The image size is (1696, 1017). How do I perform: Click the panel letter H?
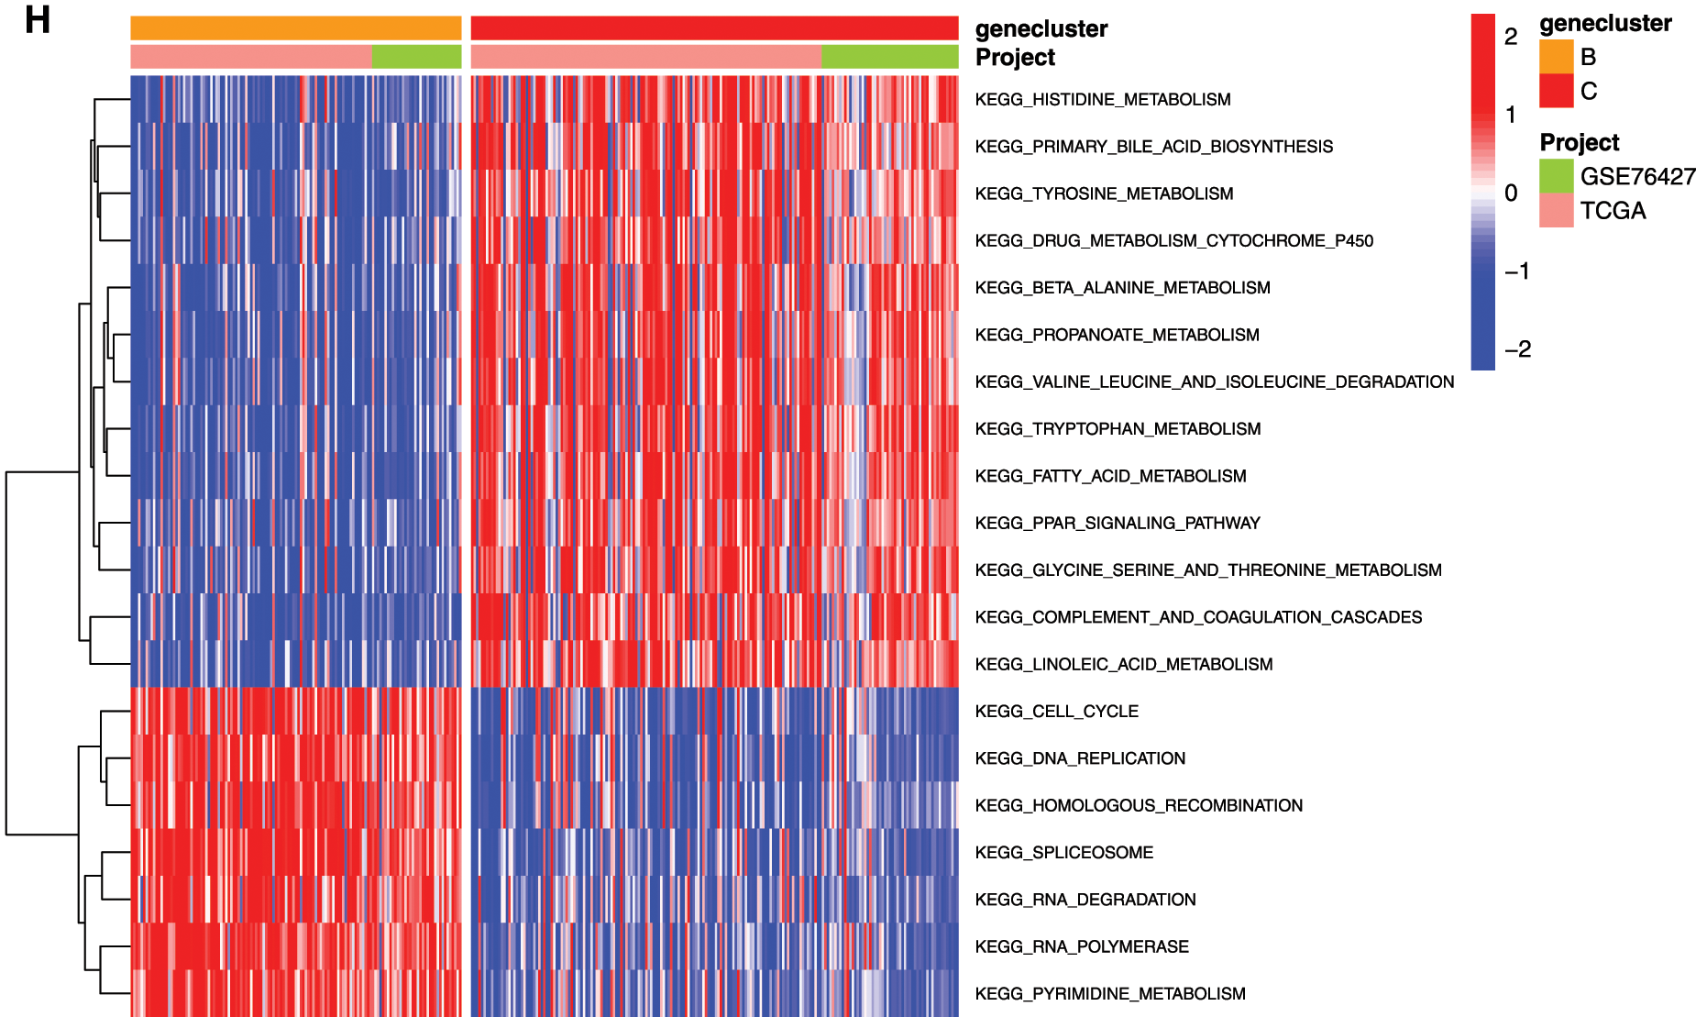[37, 20]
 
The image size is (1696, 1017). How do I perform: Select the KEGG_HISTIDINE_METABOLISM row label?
[1102, 99]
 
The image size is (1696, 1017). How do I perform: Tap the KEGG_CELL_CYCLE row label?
[1056, 711]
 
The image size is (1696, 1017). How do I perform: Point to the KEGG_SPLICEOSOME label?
[1063, 852]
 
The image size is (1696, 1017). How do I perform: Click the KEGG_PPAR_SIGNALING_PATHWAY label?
[1117, 523]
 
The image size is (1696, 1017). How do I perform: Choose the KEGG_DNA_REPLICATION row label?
[1080, 758]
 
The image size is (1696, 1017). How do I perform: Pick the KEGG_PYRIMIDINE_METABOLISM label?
[1109, 993]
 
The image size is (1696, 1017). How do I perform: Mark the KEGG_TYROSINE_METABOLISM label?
[1104, 193]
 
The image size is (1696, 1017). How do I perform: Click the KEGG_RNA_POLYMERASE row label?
[1082, 946]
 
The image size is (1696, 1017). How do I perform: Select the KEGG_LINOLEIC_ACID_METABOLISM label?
[1123, 664]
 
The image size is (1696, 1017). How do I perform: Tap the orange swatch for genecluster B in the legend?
[1556, 57]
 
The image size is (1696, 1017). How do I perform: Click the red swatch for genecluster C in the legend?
[1556, 91]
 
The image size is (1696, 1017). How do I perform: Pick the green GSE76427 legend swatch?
[1556, 176]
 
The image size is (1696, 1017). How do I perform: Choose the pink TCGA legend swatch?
[1556, 210]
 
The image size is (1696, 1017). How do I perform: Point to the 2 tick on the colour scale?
[1511, 37]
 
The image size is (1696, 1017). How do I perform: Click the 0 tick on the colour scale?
[1511, 193]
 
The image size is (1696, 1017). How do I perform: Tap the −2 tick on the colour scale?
[1517, 348]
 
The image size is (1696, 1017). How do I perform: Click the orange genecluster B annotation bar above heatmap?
[295, 28]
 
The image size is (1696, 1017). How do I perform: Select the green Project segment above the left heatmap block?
[416, 57]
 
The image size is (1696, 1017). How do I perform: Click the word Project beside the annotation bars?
[1015, 57]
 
